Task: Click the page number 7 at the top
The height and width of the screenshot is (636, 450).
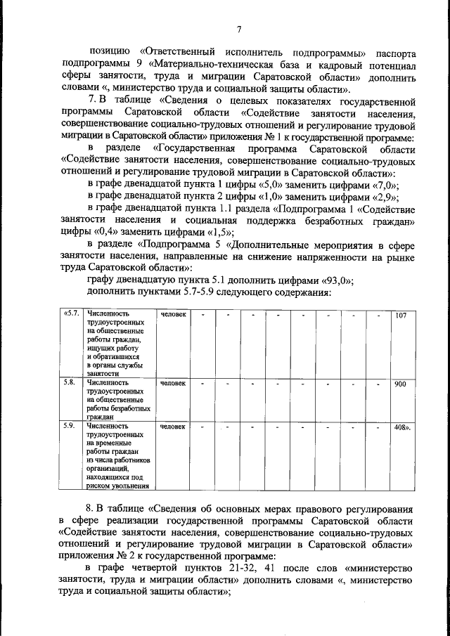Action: click(239, 29)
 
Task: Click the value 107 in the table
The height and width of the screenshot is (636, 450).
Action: click(401, 316)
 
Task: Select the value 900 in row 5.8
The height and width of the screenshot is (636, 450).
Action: click(401, 384)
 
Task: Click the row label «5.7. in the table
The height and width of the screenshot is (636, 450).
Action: click(70, 314)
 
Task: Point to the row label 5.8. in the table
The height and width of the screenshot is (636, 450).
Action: click(69, 384)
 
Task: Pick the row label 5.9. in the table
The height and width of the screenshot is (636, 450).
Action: click(69, 426)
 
